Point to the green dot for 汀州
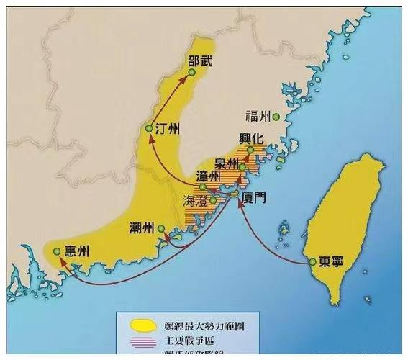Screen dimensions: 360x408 (148, 129)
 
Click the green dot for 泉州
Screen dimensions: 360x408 (243, 168)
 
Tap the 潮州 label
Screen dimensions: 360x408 (141, 228)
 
